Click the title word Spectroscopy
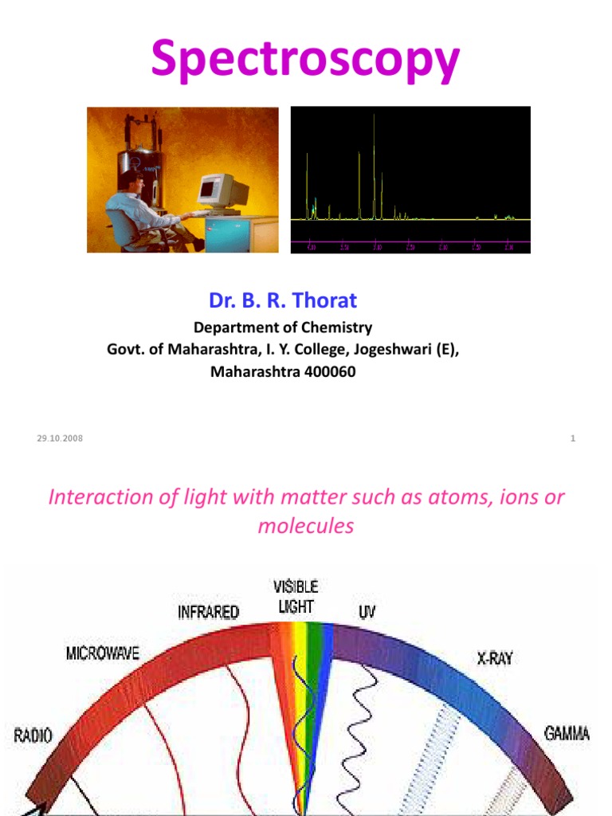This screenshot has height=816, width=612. tap(306, 61)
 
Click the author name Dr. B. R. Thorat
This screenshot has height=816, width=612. tap(283, 300)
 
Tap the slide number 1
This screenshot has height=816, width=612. tap(572, 438)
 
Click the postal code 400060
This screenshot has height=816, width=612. tap(328, 371)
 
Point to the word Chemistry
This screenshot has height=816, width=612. tap(335, 327)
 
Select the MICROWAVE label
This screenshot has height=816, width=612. tap(101, 653)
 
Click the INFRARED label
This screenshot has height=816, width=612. tap(208, 613)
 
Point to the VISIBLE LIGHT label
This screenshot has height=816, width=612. tap(296, 596)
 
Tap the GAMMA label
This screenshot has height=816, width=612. tap(567, 732)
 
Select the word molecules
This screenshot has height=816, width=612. tap(306, 527)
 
